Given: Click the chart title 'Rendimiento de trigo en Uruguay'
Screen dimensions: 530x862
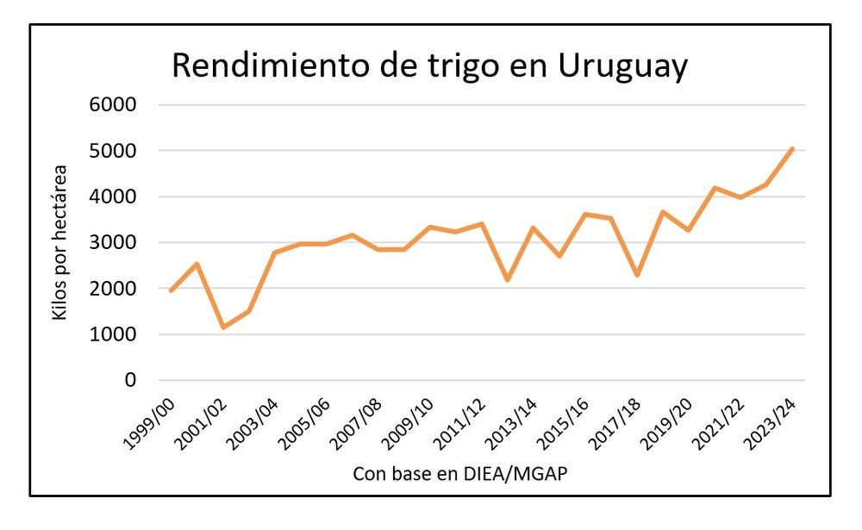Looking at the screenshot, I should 429,66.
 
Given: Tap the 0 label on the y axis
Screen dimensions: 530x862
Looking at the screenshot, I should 131,380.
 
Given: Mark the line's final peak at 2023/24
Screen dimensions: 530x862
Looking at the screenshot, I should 791,148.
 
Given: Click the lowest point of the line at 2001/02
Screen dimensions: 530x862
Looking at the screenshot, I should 223,327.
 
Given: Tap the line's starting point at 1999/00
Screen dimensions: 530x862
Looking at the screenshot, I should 172,290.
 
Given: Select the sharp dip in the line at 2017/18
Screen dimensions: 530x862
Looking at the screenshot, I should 636,275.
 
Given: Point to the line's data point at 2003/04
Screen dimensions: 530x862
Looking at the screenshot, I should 275,253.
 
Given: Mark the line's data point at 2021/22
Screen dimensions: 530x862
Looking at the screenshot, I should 740,197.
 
